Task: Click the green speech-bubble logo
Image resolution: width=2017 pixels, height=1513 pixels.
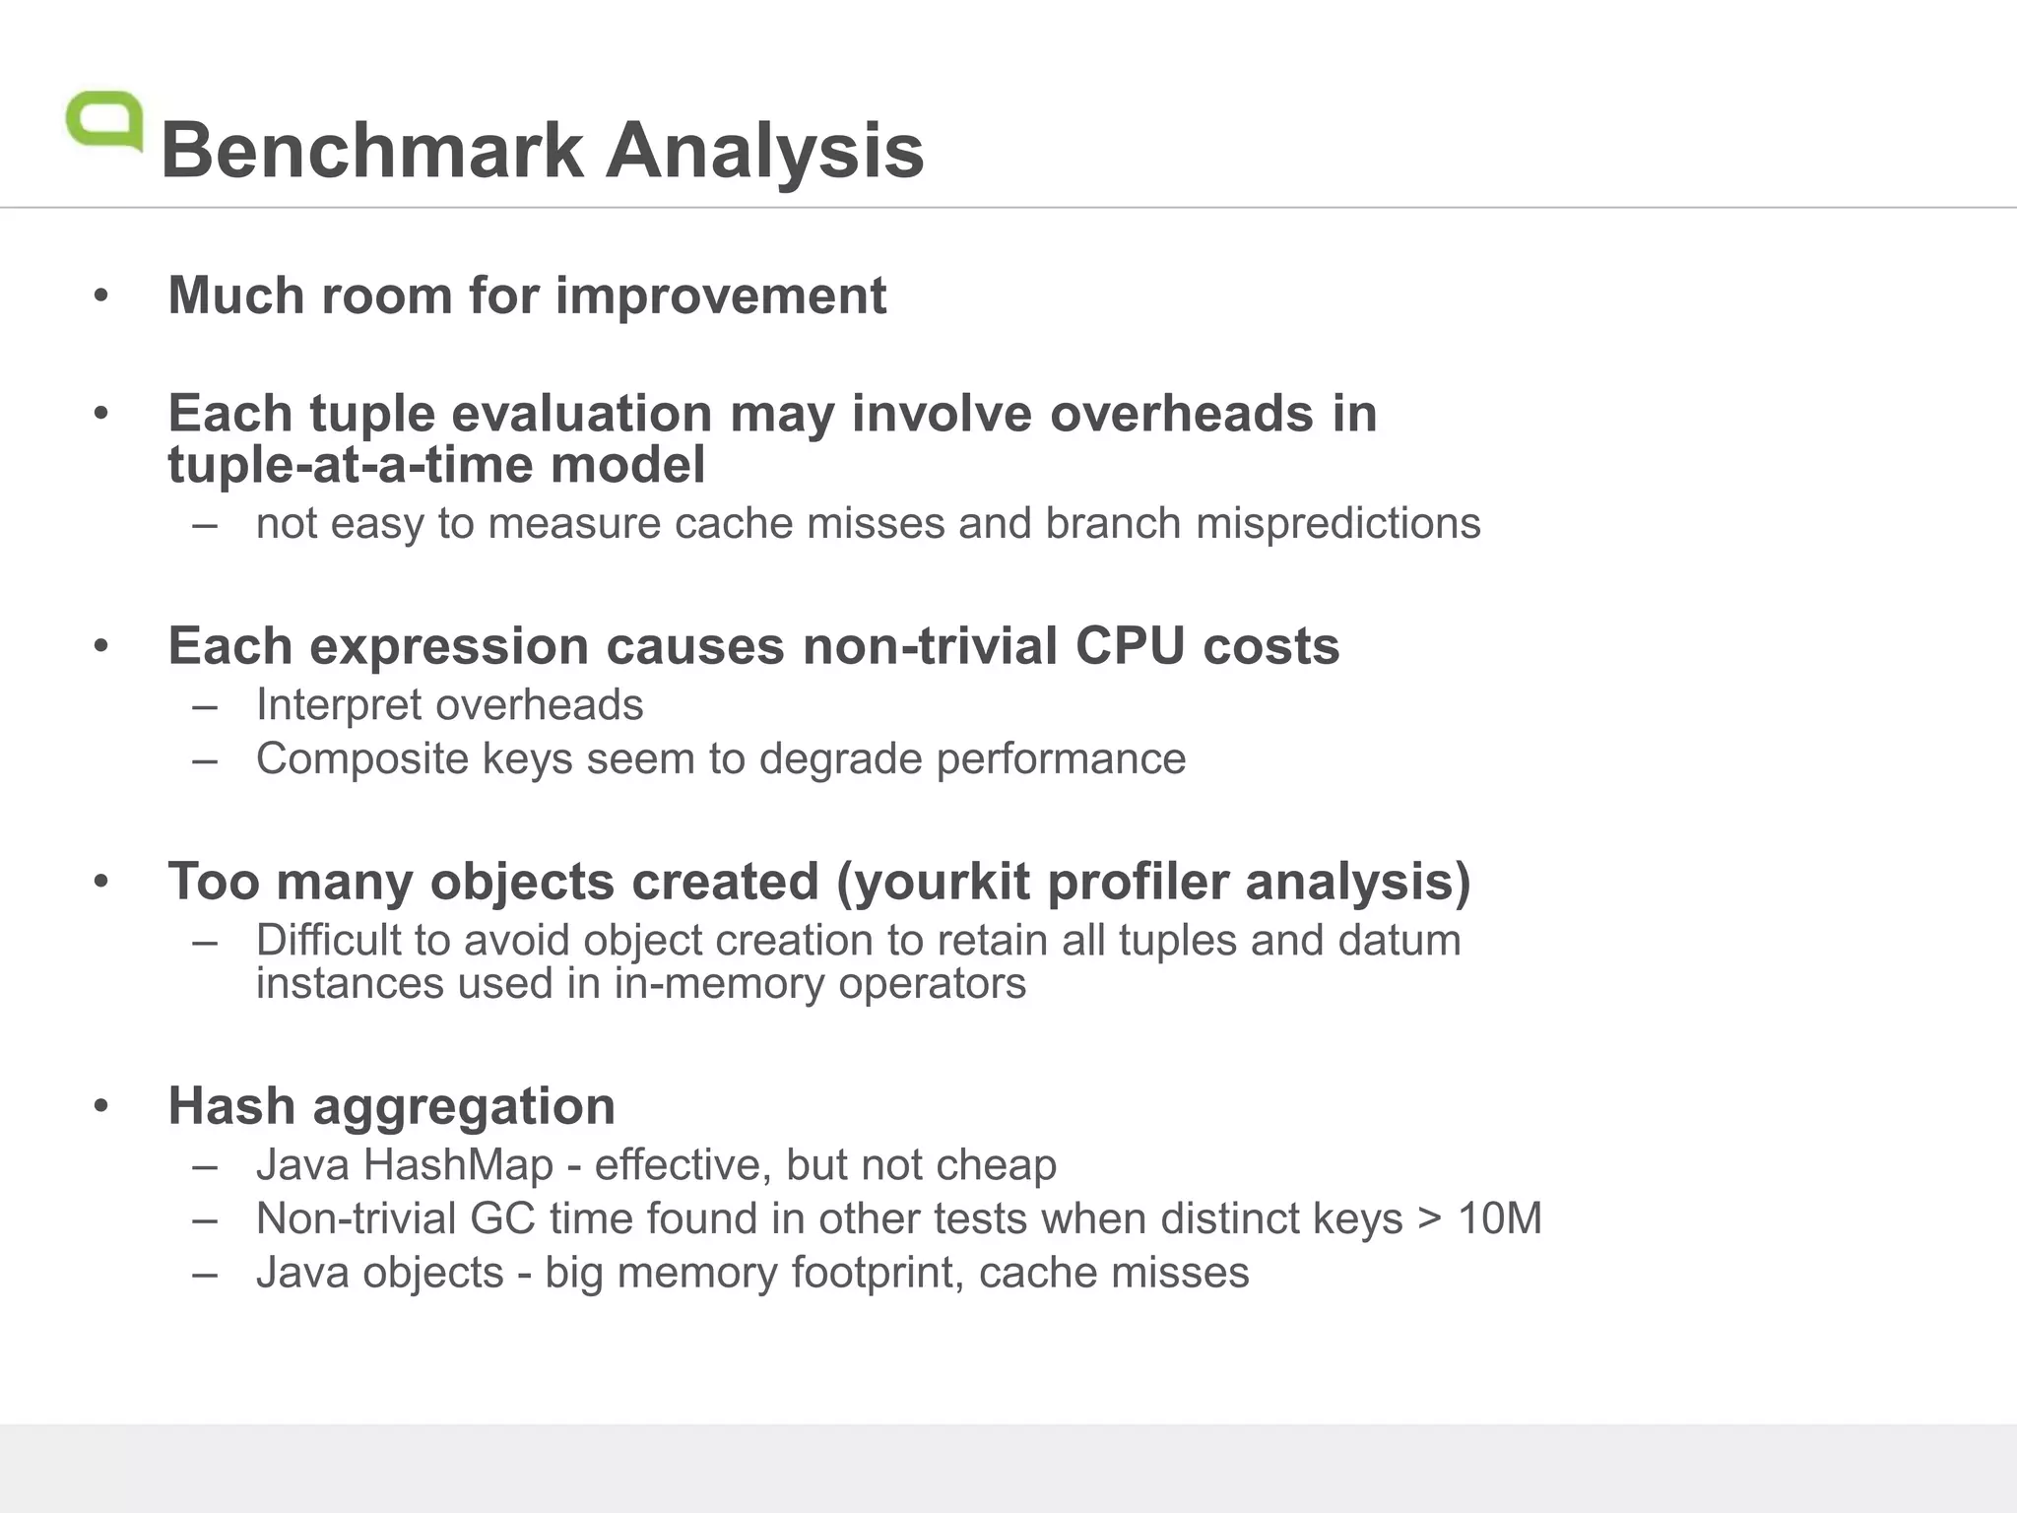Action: pos(104,121)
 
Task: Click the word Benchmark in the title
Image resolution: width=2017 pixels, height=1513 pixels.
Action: pos(372,151)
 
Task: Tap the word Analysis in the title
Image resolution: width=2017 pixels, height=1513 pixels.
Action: pos(764,151)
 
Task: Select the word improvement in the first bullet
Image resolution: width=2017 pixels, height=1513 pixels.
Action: pos(721,296)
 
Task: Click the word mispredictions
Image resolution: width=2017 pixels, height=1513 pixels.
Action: pos(1337,523)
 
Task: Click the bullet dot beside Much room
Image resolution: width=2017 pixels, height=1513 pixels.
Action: pos(100,296)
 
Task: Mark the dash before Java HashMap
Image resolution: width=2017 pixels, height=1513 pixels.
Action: pos(205,1166)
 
